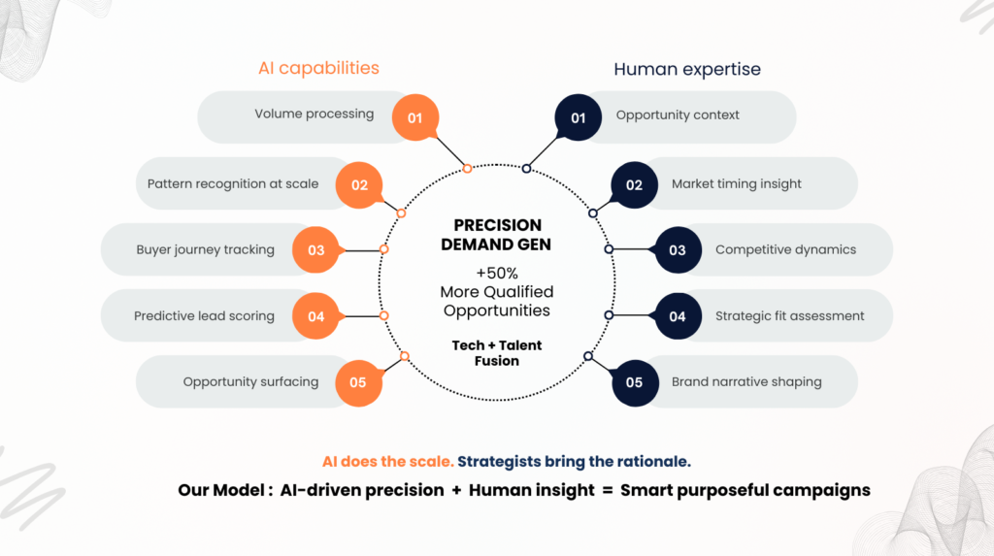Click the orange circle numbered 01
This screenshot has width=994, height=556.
pyautogui.click(x=415, y=117)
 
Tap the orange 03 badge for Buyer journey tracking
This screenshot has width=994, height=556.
pyautogui.click(x=316, y=249)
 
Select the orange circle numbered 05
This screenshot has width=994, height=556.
pyautogui.click(x=358, y=381)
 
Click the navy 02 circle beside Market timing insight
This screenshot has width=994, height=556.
pyautogui.click(x=634, y=184)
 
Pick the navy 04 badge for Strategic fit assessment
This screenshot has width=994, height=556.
pyautogui.click(x=678, y=315)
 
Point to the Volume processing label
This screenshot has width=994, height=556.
pyautogui.click(x=314, y=114)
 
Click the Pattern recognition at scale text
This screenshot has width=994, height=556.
pyautogui.click(x=233, y=183)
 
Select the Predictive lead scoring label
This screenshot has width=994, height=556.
pyautogui.click(x=204, y=315)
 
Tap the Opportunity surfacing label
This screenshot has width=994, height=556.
pyautogui.click(x=250, y=381)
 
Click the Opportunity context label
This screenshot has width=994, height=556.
pyautogui.click(x=678, y=115)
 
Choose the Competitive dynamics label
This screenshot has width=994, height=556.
pyautogui.click(x=785, y=249)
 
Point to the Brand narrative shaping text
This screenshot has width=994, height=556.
pyautogui.click(x=746, y=381)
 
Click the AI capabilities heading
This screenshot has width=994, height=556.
pyautogui.click(x=318, y=68)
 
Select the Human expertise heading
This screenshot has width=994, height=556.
pyautogui.click(x=687, y=69)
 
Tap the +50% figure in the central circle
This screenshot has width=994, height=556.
pyautogui.click(x=496, y=272)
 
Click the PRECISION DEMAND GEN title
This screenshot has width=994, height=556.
pyautogui.click(x=496, y=235)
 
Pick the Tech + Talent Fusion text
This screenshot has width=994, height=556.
pyautogui.click(x=498, y=353)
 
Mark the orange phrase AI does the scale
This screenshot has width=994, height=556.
pyautogui.click(x=387, y=462)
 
